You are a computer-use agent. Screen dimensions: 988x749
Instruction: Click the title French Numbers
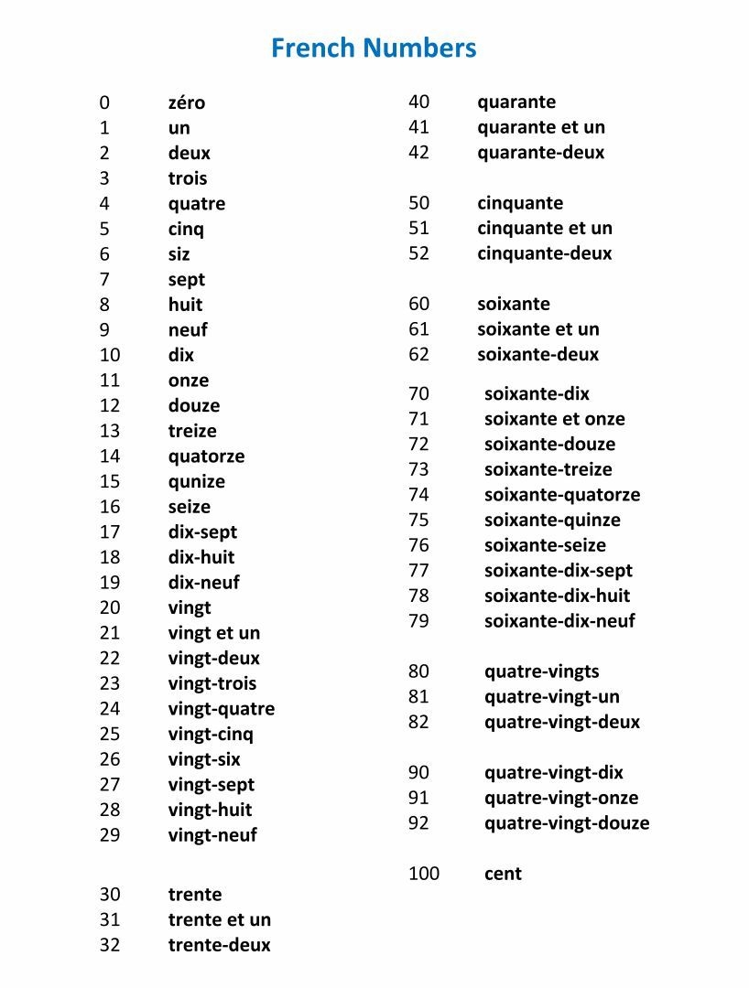(x=374, y=48)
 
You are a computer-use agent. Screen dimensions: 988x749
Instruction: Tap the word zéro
(x=187, y=102)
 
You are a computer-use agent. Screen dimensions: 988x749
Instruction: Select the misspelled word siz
(x=179, y=254)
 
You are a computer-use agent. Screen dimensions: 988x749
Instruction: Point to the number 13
(x=110, y=431)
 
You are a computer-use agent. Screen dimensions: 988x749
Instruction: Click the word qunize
(x=197, y=481)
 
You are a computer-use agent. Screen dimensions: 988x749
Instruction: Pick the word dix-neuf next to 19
(x=204, y=582)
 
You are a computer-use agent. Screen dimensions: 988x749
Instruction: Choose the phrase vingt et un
(x=214, y=633)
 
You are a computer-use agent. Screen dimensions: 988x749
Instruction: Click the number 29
(x=110, y=834)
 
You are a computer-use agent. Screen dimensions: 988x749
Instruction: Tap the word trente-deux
(x=220, y=945)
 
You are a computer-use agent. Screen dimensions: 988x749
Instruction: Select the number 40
(x=418, y=102)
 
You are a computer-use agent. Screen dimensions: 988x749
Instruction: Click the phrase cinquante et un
(x=545, y=228)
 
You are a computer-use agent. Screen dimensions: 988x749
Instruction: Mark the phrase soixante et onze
(x=555, y=419)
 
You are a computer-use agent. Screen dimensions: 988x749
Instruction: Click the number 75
(x=418, y=520)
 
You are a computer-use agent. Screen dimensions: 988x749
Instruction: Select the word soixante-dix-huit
(x=558, y=596)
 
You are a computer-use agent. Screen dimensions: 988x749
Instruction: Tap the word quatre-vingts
(x=542, y=671)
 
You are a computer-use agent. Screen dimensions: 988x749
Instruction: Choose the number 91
(x=418, y=798)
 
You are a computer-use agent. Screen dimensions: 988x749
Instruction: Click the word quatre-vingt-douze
(x=567, y=822)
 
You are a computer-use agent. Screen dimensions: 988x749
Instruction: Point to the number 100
(x=424, y=874)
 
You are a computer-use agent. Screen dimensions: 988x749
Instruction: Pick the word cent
(x=503, y=874)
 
